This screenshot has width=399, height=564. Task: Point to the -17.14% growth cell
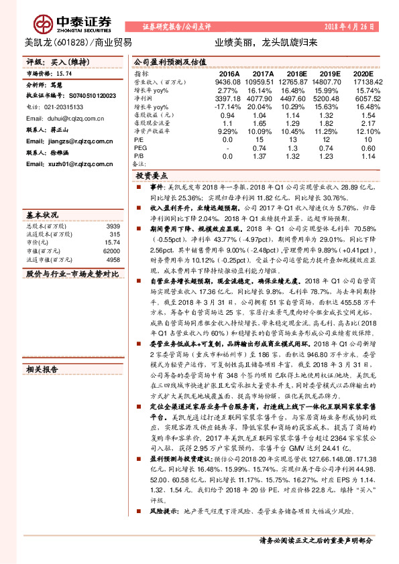(x=227, y=107)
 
